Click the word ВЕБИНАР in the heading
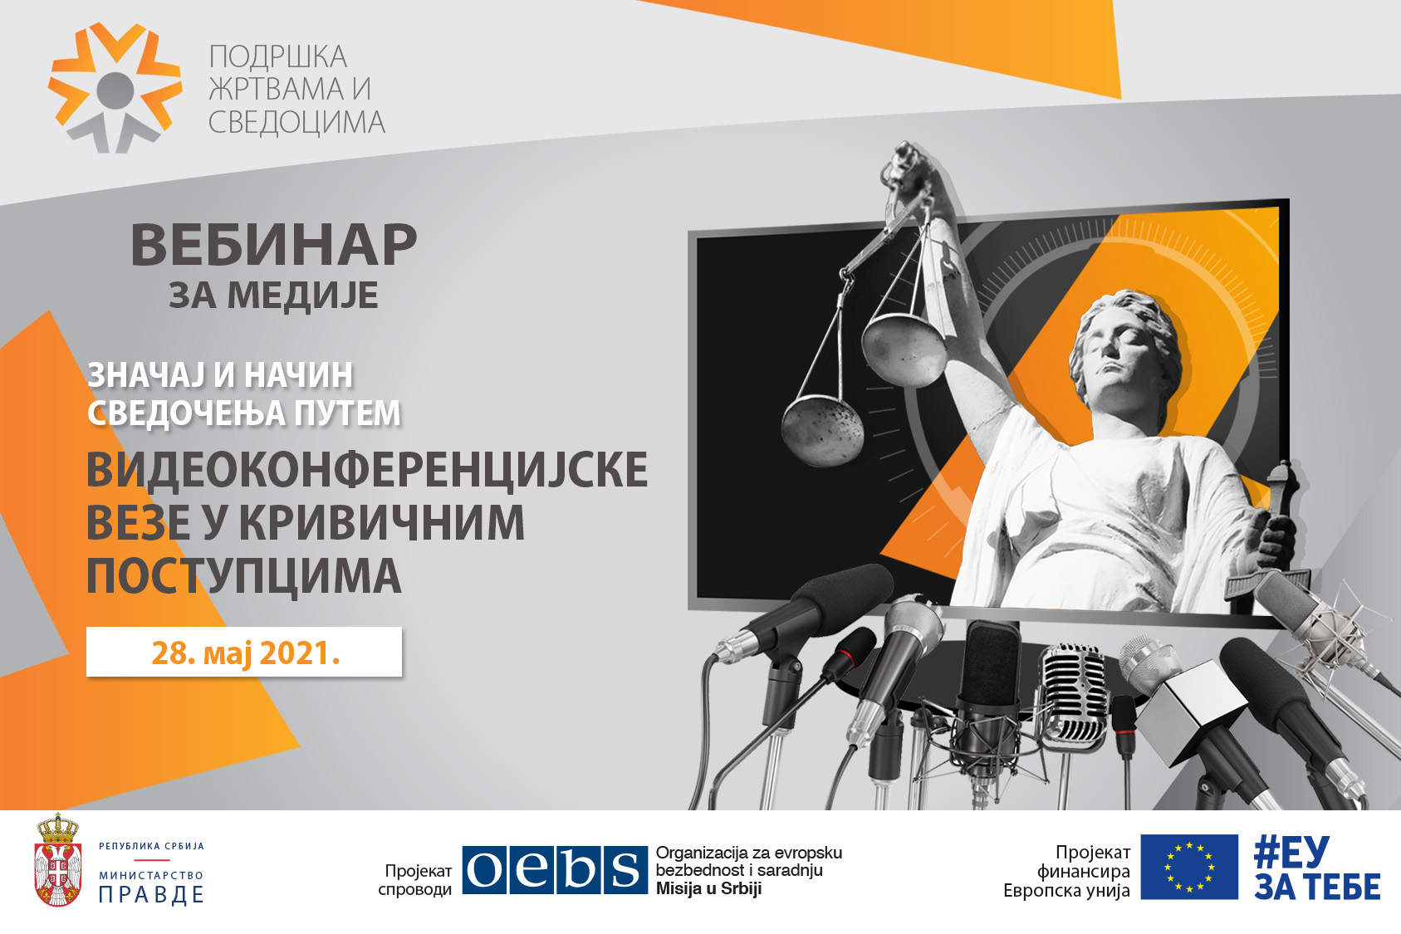point(273,244)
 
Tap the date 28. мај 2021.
point(245,653)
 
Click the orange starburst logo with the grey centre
point(115,87)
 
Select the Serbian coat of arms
point(57,859)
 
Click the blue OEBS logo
point(555,869)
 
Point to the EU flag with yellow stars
point(1189,867)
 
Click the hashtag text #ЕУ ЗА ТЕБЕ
point(1316,868)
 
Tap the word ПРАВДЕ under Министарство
point(151,895)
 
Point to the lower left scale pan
point(822,431)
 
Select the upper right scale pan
point(904,350)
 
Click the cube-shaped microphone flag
point(1182,712)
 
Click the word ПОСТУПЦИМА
point(244,575)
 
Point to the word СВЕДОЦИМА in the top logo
point(296,122)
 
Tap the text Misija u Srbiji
point(708,888)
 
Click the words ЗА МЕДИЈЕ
point(273,295)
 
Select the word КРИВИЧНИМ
point(381,522)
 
